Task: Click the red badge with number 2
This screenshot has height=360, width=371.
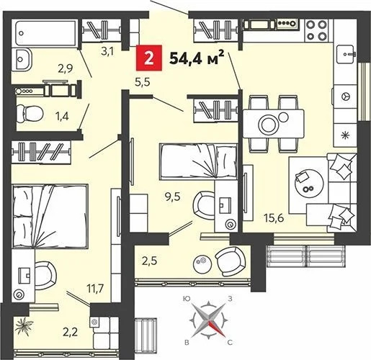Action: tap(148, 57)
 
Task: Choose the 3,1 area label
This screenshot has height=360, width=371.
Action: tap(108, 50)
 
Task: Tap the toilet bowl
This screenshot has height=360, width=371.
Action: tap(32, 112)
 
